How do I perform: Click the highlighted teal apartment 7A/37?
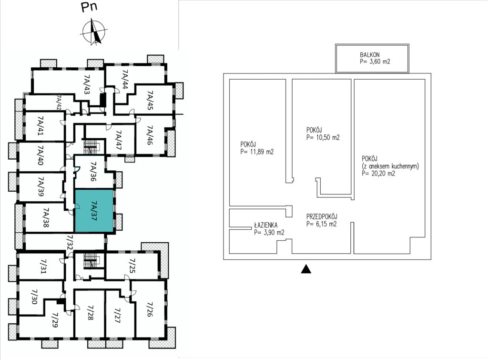tap(94, 211)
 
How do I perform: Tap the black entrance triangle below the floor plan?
tap(306, 269)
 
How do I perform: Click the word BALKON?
tap(370, 55)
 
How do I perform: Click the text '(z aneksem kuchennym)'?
tap(390, 166)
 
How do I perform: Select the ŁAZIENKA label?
tap(266, 225)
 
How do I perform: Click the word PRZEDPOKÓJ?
tap(322, 216)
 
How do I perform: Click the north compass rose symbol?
tap(94, 32)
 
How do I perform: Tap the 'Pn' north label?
tap(89, 7)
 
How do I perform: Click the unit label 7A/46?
tap(150, 135)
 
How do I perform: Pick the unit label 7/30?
tap(34, 297)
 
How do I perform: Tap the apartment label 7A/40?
tap(41, 155)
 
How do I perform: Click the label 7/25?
tap(132, 265)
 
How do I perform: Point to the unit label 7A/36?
tap(93, 171)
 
